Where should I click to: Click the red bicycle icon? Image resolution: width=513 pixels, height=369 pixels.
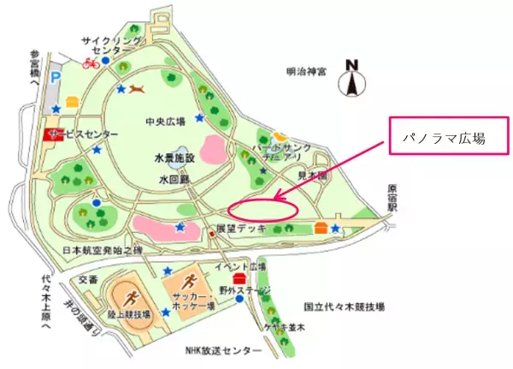91,62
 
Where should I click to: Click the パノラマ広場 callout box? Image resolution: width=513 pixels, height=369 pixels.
443,136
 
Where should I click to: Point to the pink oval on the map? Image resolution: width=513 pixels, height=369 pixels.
262,208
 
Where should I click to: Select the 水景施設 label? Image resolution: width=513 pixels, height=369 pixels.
175,158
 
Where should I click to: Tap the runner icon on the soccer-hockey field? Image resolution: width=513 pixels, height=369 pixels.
190,284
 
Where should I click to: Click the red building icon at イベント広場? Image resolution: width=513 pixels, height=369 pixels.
239,277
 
